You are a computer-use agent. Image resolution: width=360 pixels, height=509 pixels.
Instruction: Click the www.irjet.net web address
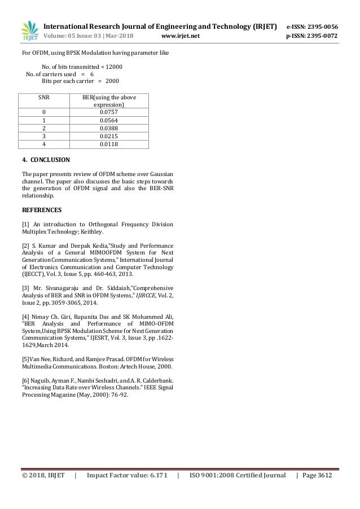tap(181, 37)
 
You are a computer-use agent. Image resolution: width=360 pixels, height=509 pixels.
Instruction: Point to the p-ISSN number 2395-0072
tap(317, 37)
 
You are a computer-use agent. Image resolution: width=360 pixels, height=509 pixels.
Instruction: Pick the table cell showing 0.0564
tap(108, 120)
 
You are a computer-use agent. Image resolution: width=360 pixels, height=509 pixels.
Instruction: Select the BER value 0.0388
tap(108, 128)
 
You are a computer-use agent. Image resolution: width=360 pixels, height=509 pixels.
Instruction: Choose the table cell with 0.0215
tap(108, 136)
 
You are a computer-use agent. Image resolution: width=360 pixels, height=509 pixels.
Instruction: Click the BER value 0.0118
tap(108, 144)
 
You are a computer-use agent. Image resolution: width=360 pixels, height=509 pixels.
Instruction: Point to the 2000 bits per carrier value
tap(112, 81)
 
